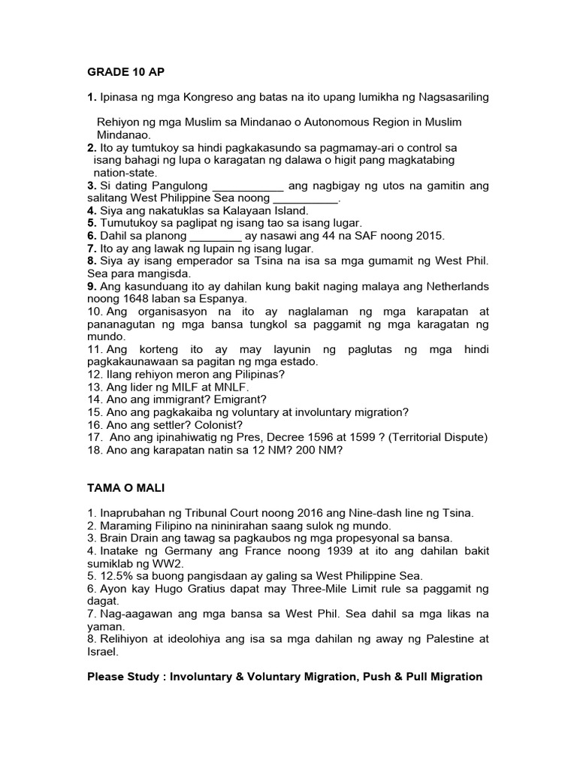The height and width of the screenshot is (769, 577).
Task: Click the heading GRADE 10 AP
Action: click(x=125, y=72)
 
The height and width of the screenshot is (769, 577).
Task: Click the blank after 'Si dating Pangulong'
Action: click(x=249, y=185)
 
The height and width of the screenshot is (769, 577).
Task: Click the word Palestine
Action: click(x=439, y=639)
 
